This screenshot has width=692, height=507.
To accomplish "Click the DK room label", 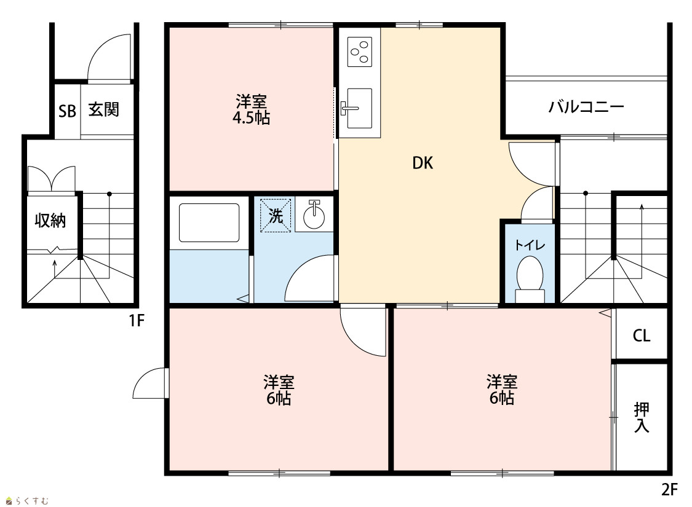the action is (x=423, y=163).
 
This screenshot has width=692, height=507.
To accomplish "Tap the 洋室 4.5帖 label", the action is (x=251, y=110).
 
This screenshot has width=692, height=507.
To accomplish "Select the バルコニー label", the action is (x=586, y=106).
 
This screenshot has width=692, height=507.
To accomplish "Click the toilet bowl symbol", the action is (x=530, y=273).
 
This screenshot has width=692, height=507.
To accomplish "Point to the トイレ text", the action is (x=530, y=245).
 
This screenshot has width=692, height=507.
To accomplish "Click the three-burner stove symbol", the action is (x=360, y=52).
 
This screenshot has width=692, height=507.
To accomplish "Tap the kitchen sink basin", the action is (x=359, y=108).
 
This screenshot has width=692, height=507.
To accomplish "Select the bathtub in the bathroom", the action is (x=209, y=222).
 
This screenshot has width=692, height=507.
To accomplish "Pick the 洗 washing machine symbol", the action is (x=276, y=216).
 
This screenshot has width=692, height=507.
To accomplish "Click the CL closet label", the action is (x=641, y=336).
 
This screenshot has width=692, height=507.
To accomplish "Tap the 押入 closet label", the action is (x=641, y=417).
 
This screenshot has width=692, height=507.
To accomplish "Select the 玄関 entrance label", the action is (x=104, y=109).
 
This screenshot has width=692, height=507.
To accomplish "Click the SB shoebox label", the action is (x=67, y=111).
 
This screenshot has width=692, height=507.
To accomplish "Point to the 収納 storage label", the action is (x=50, y=220).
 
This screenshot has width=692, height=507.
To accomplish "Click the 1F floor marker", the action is (x=137, y=321).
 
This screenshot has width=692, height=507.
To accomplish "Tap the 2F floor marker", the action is (x=669, y=489).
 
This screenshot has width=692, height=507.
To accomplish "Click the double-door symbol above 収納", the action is (x=51, y=178).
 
